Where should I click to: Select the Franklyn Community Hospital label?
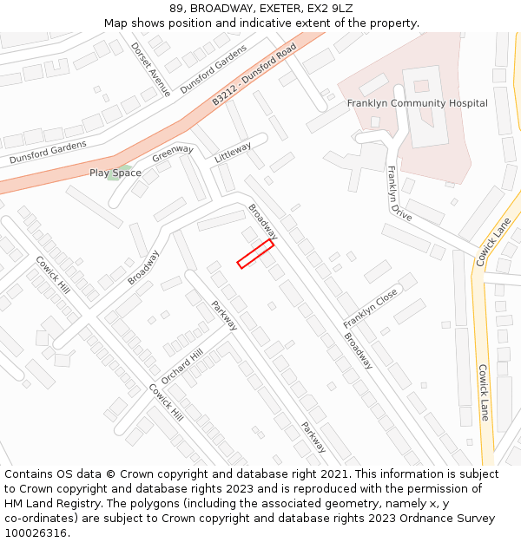[x=417, y=103]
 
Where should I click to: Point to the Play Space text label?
[x=115, y=173]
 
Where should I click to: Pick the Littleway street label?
[x=233, y=152]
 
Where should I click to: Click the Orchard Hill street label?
[x=181, y=367]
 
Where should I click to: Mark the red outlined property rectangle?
[x=255, y=254]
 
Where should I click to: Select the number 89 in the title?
[x=176, y=9]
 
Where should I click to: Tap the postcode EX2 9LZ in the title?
[x=326, y=9]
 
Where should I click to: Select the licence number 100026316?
[x=36, y=533]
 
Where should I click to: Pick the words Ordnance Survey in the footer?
[x=452, y=519]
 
